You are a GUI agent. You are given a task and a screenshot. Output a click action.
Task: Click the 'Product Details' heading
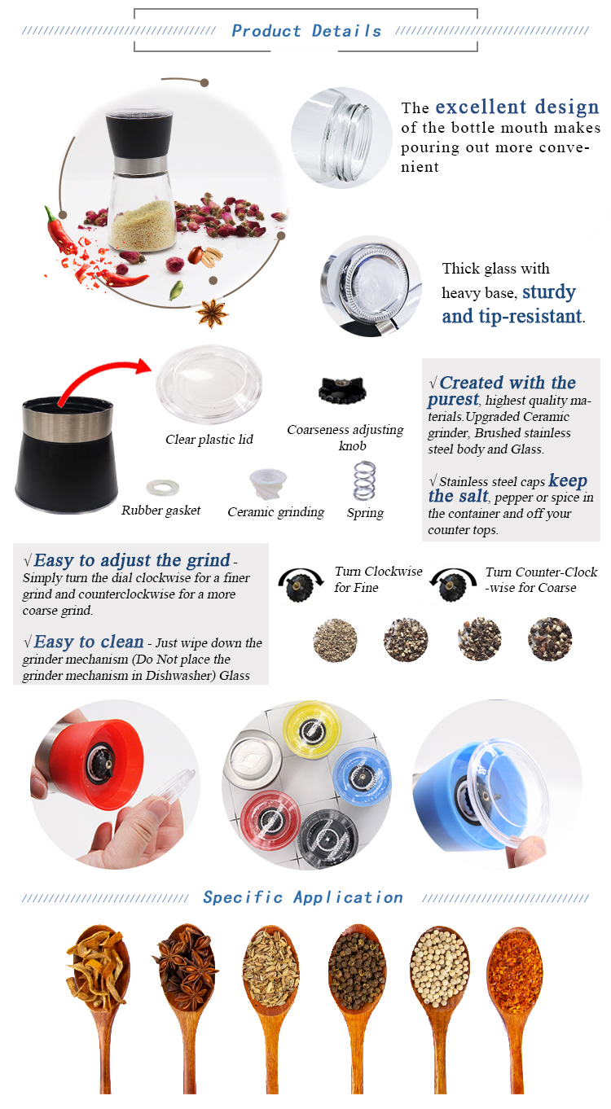coord(306,31)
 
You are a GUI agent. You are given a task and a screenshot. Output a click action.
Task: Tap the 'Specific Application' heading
coord(303,897)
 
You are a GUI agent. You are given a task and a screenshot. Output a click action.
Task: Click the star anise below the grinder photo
coord(212,313)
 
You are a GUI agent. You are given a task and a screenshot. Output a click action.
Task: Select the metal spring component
coord(364,480)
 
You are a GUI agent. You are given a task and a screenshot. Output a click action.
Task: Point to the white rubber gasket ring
coord(163,487)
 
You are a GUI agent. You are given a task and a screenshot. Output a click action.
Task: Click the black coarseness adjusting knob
coord(342,389)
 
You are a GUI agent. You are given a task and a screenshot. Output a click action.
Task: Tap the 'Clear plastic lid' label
coord(209,439)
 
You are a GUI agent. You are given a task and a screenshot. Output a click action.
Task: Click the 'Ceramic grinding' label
coord(275,512)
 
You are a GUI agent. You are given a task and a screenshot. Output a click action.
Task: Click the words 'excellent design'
coord(516,107)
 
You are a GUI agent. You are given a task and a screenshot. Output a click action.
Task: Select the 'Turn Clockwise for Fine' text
coord(378,579)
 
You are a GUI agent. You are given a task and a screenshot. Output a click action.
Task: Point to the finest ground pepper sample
coord(335,640)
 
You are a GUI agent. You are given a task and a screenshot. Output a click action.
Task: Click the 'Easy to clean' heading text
coord(89,642)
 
